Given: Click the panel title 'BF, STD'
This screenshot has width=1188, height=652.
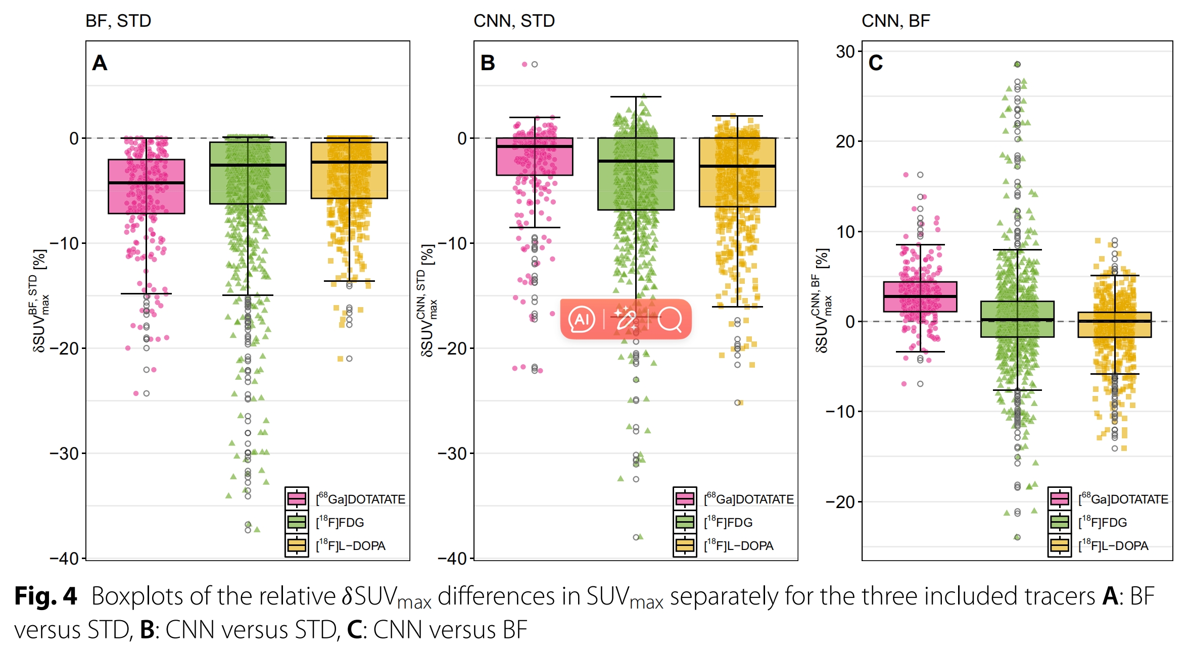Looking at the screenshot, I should (118, 21).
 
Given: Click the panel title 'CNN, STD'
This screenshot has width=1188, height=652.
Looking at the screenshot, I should (514, 21).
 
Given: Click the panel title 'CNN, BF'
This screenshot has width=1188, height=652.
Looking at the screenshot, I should (895, 21).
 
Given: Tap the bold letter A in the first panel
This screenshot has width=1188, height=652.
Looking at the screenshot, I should (100, 63).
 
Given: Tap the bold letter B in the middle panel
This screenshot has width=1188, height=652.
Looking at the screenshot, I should (488, 63).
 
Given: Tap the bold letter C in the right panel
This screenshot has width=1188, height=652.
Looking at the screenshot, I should (876, 63).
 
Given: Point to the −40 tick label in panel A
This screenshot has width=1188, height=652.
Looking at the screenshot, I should (64, 559).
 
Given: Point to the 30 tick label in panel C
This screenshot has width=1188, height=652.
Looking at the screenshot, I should (845, 52).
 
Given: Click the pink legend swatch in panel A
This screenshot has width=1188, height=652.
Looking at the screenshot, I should (297, 499).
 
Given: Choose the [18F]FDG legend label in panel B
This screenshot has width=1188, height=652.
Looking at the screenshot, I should (728, 522).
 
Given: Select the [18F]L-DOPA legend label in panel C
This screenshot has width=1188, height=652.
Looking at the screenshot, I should (1113, 545).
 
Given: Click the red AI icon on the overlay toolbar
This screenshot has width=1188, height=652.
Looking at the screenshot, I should (582, 319).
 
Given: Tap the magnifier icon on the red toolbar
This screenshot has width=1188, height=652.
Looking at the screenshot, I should (670, 319).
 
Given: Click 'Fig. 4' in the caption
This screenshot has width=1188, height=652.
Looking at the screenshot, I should (45, 596).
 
